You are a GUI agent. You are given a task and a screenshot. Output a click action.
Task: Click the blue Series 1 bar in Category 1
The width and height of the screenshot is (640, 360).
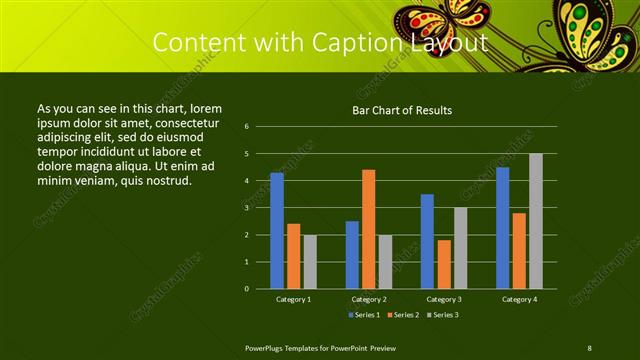coord(277,231)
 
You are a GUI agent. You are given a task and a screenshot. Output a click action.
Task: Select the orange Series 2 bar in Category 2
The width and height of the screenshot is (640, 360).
coord(368,229)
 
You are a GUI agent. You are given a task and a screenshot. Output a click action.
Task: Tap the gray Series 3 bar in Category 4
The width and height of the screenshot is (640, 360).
coord(536,221)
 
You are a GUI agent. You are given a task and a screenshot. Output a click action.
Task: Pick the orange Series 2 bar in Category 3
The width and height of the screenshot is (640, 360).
coord(443,264)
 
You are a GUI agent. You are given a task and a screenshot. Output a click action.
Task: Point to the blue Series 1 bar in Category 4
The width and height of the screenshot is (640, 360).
coord(502,228)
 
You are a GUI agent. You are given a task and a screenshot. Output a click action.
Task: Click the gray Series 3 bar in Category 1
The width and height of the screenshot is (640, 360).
coord(310,262)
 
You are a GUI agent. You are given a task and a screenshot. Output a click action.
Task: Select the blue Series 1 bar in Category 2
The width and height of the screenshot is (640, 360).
coord(352,255)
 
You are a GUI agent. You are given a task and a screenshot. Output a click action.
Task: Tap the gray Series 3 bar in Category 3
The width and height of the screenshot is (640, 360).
coord(460,248)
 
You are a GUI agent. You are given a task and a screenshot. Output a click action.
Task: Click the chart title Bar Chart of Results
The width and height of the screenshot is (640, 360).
coord(402,110)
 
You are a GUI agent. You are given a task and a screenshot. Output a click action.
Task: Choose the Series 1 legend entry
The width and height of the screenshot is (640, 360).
coord(364,315)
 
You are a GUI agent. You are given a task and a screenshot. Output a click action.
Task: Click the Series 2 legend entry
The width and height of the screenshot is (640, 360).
coord(402,315)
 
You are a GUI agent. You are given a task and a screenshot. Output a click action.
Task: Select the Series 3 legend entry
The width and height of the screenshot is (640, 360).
coord(441,315)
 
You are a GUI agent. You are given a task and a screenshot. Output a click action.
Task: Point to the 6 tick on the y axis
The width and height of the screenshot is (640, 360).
coord(246,127)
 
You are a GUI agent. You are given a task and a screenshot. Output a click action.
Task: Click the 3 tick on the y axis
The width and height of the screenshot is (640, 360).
coord(246,208)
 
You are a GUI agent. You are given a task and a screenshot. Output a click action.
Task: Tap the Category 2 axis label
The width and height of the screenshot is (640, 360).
coord(368,299)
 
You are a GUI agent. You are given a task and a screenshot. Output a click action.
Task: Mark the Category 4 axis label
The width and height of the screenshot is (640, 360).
coord(519,299)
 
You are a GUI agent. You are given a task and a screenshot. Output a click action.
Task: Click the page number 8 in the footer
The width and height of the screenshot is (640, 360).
coord(590,347)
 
